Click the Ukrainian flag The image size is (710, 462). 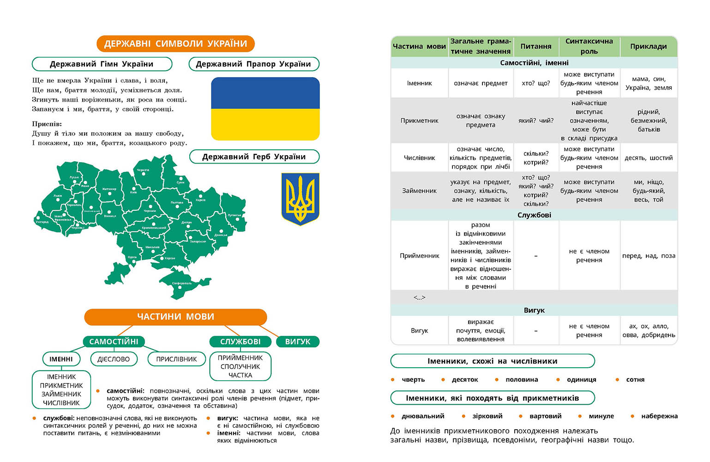pos(265,109)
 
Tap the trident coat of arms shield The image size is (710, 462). pos(300,199)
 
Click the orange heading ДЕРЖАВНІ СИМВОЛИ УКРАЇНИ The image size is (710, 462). pos(175,44)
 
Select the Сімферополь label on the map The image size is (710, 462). pos(182,283)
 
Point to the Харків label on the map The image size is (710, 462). pos(200,200)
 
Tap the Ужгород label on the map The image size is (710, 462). pos(42,222)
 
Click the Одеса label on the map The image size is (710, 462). pos(132,257)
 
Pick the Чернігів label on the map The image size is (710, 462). pos(143,170)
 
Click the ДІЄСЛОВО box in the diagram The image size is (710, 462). pos(114,359)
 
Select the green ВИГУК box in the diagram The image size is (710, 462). pos(298,341)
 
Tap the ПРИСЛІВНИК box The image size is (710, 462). pos(176,359)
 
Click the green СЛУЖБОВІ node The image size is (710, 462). pos(240,341)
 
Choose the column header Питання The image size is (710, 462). pos(536,46)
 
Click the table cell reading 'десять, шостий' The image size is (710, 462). pos(649,158)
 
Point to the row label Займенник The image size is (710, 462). pos(419,191)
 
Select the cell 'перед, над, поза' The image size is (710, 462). pos(649,255)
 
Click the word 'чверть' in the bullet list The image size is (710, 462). pos(413,380)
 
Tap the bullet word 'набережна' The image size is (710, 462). pos(659,416)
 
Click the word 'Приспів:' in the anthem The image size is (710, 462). pos(47,124)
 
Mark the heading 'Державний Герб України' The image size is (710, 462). pos(254,157)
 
